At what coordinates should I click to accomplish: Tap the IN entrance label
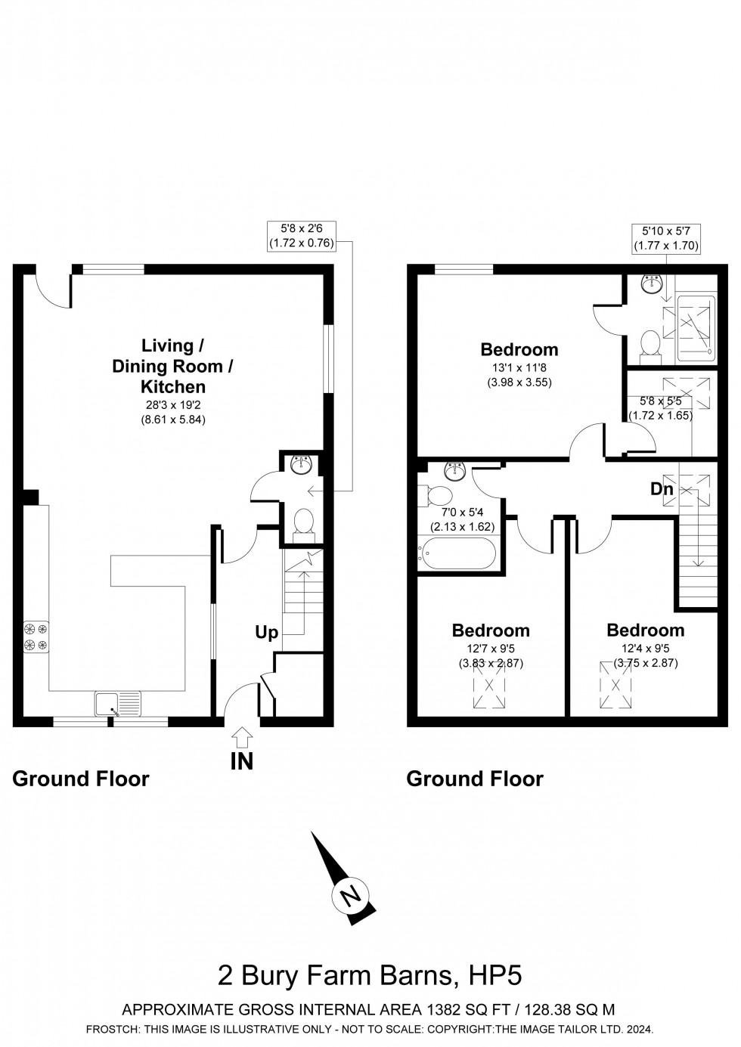coord(242,761)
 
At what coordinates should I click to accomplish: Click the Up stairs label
coord(266,633)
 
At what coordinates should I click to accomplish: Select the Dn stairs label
coord(662,489)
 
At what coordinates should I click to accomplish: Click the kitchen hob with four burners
coord(36,636)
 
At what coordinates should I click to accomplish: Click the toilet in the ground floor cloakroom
coord(303,522)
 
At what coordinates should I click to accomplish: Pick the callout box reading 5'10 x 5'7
coord(666,237)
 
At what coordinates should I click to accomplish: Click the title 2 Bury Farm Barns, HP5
coord(370,975)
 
